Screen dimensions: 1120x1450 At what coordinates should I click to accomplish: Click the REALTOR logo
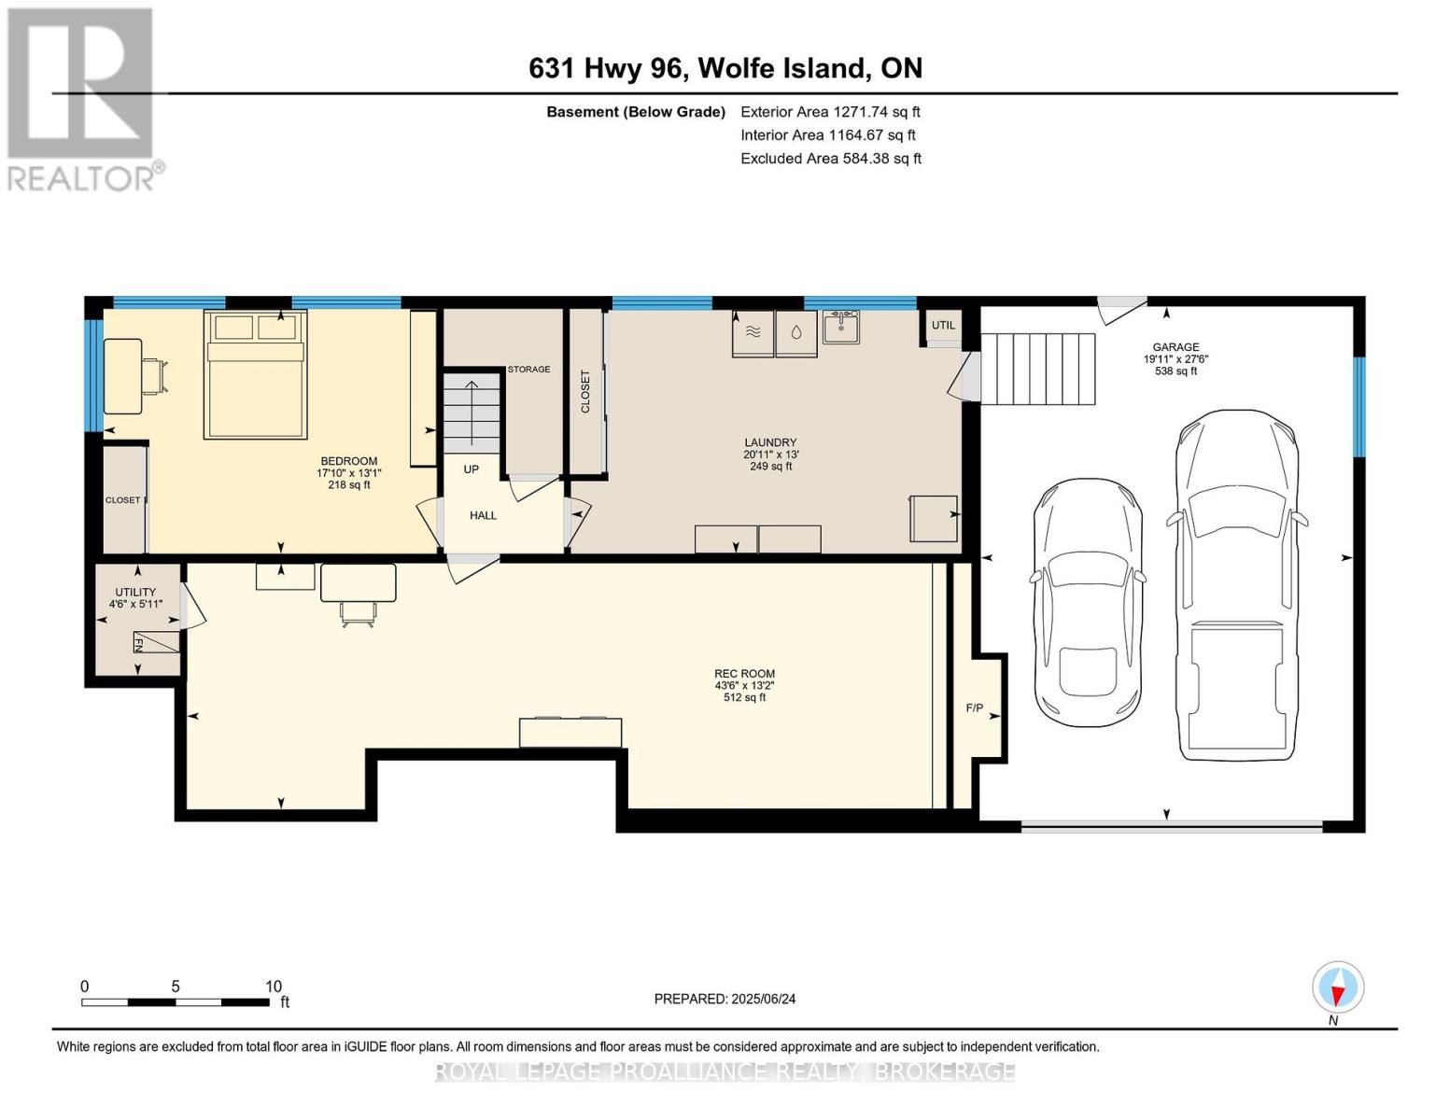[82, 98]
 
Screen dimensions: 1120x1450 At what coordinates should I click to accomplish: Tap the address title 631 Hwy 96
[725, 68]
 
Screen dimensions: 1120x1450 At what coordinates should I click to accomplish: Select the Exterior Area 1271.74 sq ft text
[830, 111]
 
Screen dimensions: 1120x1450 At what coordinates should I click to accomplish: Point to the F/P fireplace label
[974, 708]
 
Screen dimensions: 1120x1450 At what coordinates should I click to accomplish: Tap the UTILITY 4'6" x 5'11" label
[135, 598]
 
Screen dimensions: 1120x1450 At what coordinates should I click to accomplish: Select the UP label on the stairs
[471, 469]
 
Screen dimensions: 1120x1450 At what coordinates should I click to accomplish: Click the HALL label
[483, 515]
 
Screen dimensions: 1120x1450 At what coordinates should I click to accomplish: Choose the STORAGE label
[528, 370]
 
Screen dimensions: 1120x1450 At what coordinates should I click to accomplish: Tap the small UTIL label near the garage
[943, 325]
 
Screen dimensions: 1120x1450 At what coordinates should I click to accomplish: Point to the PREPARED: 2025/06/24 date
[725, 999]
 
